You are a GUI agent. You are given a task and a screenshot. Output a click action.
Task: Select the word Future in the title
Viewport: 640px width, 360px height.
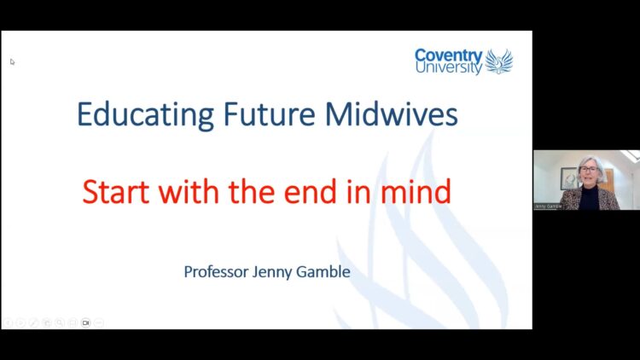[269, 113]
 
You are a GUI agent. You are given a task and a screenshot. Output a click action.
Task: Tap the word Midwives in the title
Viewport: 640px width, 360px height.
[391, 113]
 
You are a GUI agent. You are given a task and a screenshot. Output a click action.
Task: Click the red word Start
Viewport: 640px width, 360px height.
[115, 192]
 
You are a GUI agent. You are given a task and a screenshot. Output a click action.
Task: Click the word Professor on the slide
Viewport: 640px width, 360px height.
[216, 272]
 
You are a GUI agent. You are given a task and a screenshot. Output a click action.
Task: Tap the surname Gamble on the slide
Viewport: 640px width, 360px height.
[323, 272]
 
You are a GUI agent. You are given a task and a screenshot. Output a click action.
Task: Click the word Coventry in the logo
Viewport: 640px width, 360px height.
[449, 55]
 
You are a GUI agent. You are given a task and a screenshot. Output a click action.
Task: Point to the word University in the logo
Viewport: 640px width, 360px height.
[449, 67]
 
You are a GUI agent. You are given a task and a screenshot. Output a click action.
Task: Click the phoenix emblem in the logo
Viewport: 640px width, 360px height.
[499, 61]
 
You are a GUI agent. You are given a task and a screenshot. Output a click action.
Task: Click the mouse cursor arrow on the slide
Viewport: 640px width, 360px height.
[12, 61]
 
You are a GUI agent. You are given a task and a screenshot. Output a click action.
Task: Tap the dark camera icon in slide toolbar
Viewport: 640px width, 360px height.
[85, 322]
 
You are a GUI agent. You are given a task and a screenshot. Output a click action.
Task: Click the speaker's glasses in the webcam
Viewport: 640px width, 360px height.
[589, 169]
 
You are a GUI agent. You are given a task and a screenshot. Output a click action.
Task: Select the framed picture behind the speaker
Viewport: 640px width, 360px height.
[568, 178]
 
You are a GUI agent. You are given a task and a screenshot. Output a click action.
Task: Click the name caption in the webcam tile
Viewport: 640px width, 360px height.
[548, 206]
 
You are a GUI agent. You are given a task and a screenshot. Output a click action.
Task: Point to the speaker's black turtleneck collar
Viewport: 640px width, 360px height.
[589, 189]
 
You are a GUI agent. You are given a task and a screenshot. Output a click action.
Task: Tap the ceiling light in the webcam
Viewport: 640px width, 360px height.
[631, 155]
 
